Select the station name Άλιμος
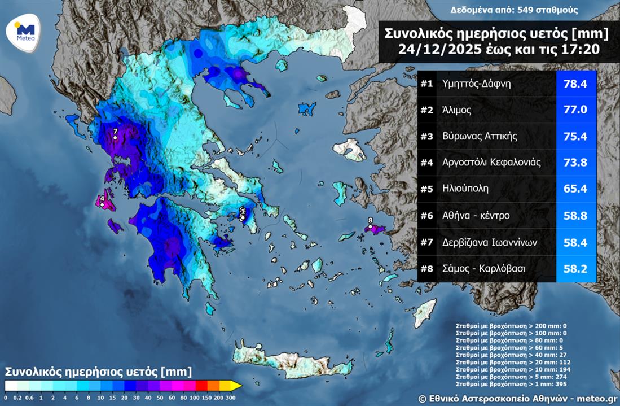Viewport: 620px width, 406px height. [457, 110]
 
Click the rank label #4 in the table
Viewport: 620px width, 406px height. [426, 163]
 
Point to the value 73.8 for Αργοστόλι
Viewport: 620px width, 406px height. [575, 163]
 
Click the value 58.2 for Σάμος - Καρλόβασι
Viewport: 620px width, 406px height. [575, 269]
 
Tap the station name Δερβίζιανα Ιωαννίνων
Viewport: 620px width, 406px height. [490, 242]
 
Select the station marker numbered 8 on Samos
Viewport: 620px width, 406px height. [370, 227]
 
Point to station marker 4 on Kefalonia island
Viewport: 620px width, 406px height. [102, 204]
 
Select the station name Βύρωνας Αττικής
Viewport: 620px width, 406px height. [472, 137]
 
